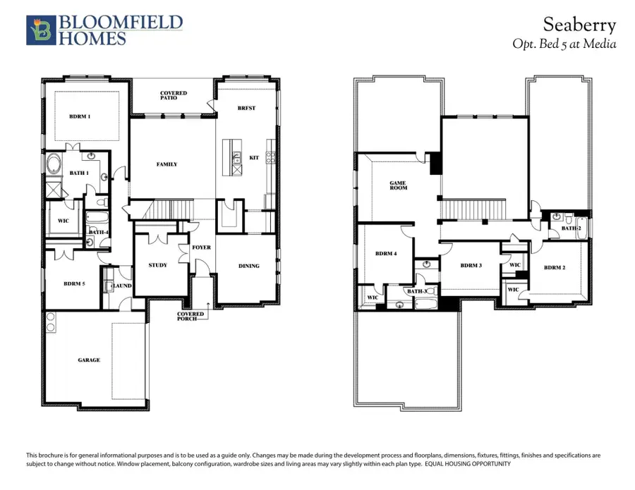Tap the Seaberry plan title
pyautogui.click(x=579, y=25)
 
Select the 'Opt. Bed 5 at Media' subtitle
pyautogui.click(x=564, y=44)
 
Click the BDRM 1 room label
pyautogui.click(x=80, y=116)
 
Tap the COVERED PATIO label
pyautogui.click(x=173, y=95)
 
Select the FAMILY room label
pyautogui.click(x=167, y=164)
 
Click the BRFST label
pyautogui.click(x=246, y=108)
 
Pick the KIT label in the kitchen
pyautogui.click(x=254, y=157)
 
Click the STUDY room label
pyautogui.click(x=158, y=265)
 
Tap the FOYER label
pyautogui.click(x=201, y=247)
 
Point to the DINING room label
pyautogui.click(x=249, y=266)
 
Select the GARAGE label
pyautogui.click(x=89, y=360)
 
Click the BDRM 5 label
pyautogui.click(x=74, y=283)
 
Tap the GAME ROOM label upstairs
pyautogui.click(x=399, y=186)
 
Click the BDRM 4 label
pyautogui.click(x=385, y=253)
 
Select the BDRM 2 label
pyautogui.click(x=555, y=267)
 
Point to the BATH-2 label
pyautogui.click(x=571, y=228)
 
